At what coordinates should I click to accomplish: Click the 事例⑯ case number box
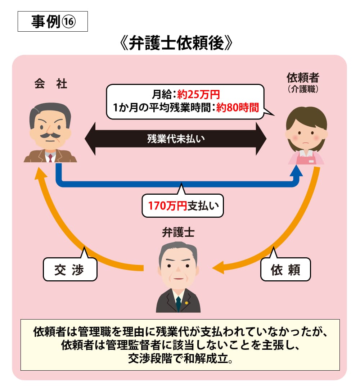pyautogui.click(x=53, y=22)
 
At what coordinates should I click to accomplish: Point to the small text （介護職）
pyautogui.click(x=303, y=89)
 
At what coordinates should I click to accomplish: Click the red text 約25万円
pyautogui.click(x=198, y=95)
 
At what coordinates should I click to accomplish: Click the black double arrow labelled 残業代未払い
pyautogui.click(x=176, y=139)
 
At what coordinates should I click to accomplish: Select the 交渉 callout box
pyautogui.click(x=70, y=269)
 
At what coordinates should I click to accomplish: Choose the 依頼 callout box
pyautogui.click(x=285, y=269)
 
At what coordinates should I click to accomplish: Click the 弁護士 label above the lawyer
pyautogui.click(x=178, y=233)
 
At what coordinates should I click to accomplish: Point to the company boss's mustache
pyautogui.click(x=50, y=136)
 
